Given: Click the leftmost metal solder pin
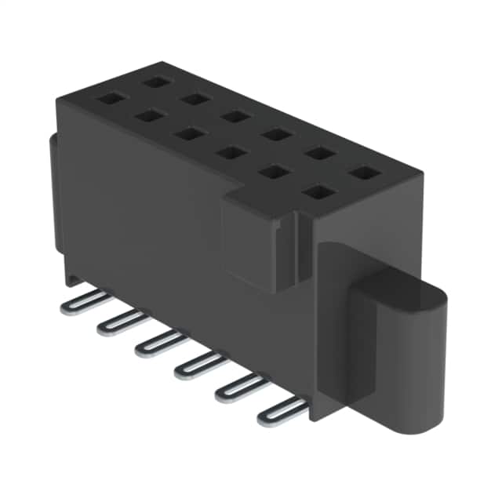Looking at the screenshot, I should [x=82, y=301].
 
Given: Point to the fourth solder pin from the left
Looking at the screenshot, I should [x=199, y=365].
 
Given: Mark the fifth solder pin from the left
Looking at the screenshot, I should [x=240, y=387].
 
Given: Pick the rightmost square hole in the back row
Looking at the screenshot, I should [x=362, y=173].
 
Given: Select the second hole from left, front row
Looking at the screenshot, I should [x=147, y=116].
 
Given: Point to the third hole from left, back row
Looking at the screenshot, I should [x=234, y=117].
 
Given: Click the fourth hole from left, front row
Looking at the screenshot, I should [x=230, y=152].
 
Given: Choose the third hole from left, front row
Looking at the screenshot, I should [x=188, y=134].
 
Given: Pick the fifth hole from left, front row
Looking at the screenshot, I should [x=272, y=171].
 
